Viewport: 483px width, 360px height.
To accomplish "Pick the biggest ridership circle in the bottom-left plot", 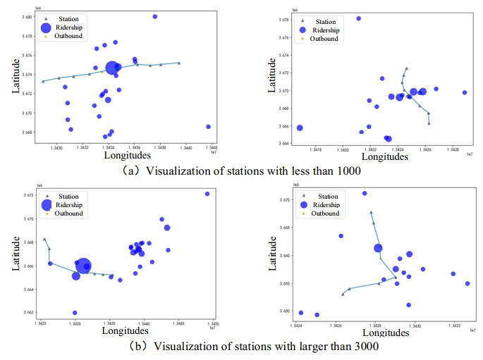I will [x=83, y=266].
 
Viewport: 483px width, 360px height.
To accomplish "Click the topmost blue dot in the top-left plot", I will [x=155, y=16].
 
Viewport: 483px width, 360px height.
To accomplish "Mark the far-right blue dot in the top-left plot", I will [x=209, y=127].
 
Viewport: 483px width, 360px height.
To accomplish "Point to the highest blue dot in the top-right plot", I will [x=358, y=18].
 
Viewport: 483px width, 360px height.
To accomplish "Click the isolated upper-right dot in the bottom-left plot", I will [x=207, y=194].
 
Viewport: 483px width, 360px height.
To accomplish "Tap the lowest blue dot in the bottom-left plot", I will [x=75, y=313].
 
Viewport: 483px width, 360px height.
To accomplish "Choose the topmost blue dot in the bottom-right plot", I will [x=365, y=193].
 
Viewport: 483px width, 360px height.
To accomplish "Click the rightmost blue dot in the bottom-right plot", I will [x=467, y=284].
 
